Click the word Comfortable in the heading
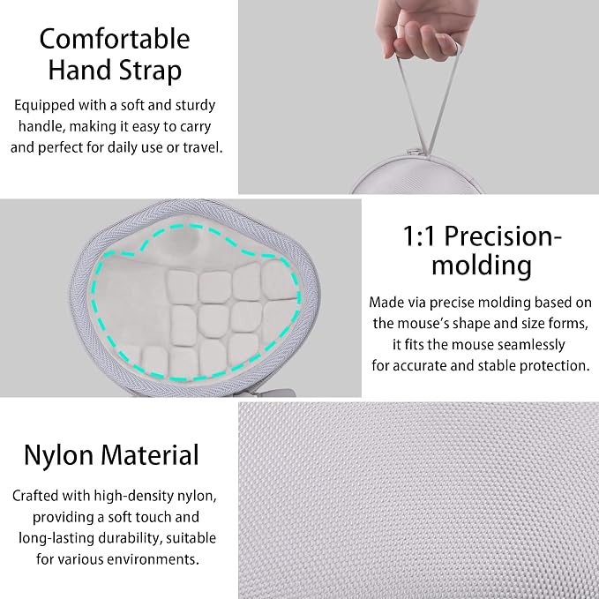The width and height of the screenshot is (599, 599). pyautogui.click(x=115, y=39)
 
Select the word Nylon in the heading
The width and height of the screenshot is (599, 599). pyautogui.click(x=58, y=455)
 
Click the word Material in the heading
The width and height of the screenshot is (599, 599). pyautogui.click(x=150, y=454)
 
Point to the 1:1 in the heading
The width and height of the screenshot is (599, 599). pyautogui.click(x=419, y=236)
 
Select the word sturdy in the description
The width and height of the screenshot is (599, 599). pyautogui.click(x=195, y=106)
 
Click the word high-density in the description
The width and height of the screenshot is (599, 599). pyautogui.click(x=133, y=497)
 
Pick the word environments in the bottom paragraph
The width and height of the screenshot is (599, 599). pyautogui.click(x=153, y=559)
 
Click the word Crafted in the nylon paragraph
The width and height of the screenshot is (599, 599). pyautogui.click(x=35, y=496)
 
